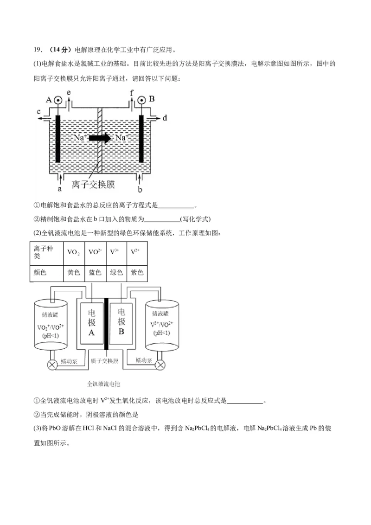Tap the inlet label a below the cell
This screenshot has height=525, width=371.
pyautogui.click(x=59, y=189)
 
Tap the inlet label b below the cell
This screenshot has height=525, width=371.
pyautogui.click(x=140, y=189)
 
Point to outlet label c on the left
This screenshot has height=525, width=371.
pyautogui.click(x=39, y=111)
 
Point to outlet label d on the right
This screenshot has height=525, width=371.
pyautogui.click(x=165, y=118)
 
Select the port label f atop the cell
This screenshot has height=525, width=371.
pyautogui.click(x=132, y=93)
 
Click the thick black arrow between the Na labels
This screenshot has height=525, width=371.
pyautogui.click(x=100, y=138)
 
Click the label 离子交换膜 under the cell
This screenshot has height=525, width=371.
pyautogui.click(x=93, y=185)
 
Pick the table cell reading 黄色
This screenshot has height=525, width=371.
pyautogui.click(x=74, y=273)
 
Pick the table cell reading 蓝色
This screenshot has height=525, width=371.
pyautogui.click(x=95, y=273)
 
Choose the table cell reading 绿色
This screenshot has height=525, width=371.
pyautogui.click(x=116, y=273)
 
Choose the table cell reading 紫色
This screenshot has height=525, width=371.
pyautogui.click(x=137, y=273)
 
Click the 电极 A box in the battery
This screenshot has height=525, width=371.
pyautogui.click(x=92, y=323)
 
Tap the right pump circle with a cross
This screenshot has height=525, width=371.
pyautogui.click(x=160, y=365)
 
